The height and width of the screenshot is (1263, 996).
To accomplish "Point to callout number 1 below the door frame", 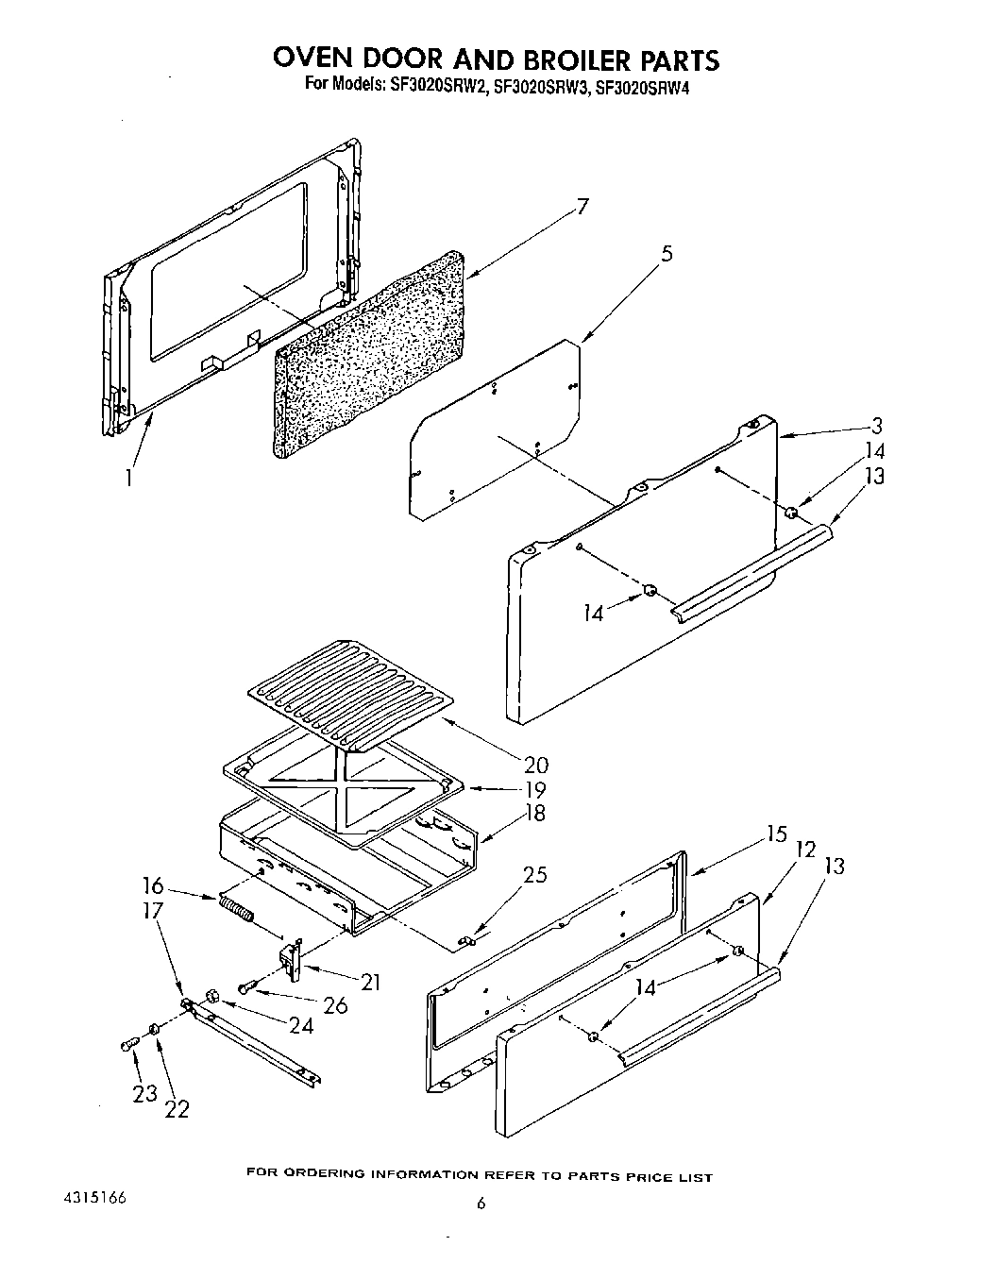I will tap(127, 478).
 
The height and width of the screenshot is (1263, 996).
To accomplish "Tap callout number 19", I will tap(534, 789).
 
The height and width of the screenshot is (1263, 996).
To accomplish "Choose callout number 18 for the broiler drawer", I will tap(534, 813).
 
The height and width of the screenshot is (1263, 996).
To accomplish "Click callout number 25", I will tap(534, 874).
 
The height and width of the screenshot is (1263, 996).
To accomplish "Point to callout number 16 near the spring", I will tap(153, 886).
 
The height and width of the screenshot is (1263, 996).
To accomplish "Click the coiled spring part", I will tap(237, 911).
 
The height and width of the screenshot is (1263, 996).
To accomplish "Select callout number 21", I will tap(370, 982).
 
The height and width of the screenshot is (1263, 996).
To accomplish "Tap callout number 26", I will tap(334, 1005).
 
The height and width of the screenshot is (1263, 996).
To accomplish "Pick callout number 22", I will tap(176, 1108).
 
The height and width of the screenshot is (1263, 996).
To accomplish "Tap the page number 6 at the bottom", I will tap(481, 1203).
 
